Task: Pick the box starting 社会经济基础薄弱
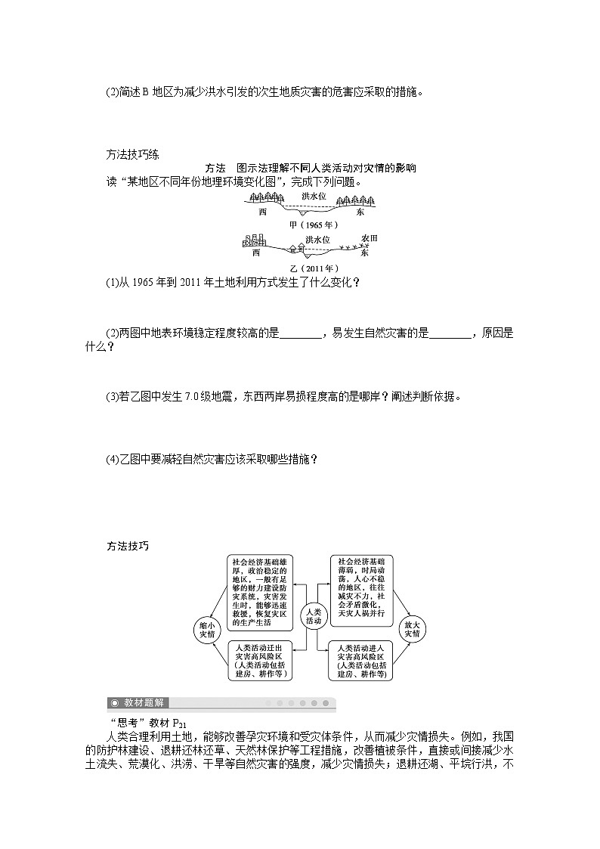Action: [361, 588]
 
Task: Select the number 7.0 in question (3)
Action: [191, 396]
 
